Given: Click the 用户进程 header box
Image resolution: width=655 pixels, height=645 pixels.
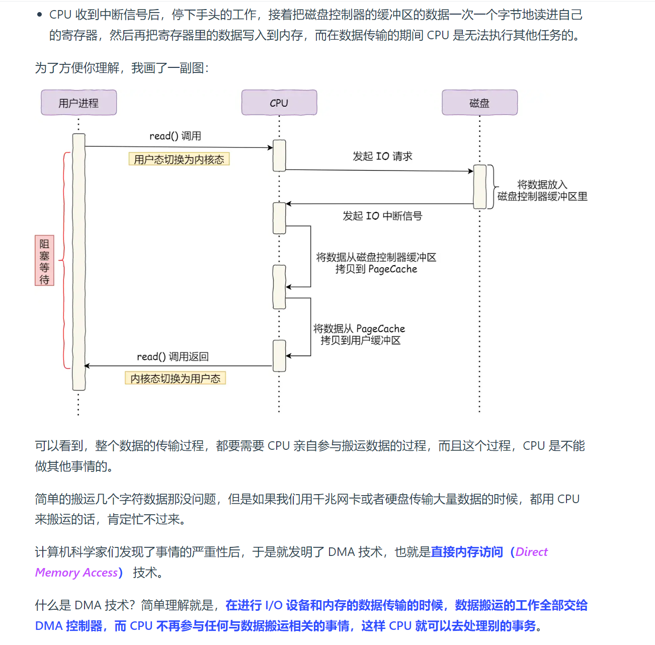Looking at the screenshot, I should point(78,103).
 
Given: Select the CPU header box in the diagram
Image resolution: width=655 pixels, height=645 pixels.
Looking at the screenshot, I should point(279,103).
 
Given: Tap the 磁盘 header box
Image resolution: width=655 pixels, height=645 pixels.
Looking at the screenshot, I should point(479,103).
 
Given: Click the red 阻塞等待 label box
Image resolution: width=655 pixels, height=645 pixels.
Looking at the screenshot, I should point(44,260).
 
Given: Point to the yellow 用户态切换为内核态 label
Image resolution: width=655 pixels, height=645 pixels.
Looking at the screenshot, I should point(179,159).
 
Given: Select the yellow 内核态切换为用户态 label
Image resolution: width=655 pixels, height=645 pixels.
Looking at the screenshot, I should point(175,378).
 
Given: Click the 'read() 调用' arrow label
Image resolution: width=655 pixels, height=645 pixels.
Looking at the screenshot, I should point(175,136).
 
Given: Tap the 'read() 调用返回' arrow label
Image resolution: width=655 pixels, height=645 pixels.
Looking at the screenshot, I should point(173,357).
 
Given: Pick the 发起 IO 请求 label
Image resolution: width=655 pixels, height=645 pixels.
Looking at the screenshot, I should point(382,156).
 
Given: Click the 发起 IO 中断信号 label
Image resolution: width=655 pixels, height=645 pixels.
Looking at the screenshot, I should point(382,216).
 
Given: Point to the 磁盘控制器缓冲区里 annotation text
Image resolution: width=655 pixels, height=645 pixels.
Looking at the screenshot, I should point(542,197).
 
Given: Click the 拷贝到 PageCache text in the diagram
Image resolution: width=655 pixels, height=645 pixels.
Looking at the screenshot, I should point(376,270).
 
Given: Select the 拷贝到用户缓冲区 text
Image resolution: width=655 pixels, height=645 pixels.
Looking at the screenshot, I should point(360,341).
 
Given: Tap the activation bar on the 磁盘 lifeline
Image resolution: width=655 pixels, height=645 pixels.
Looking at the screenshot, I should point(480,187).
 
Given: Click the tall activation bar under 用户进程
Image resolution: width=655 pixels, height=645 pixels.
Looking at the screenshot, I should point(78,262).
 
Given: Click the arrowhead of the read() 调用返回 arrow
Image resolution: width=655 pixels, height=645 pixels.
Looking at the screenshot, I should point(87,366).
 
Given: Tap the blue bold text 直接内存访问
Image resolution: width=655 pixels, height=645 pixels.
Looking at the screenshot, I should point(467,552).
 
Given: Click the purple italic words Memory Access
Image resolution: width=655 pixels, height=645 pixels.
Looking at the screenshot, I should point(76,573).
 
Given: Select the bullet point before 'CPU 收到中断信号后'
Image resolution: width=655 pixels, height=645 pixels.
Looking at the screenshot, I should point(40,15).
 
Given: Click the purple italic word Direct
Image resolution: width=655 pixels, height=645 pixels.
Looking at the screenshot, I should point(531,552).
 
